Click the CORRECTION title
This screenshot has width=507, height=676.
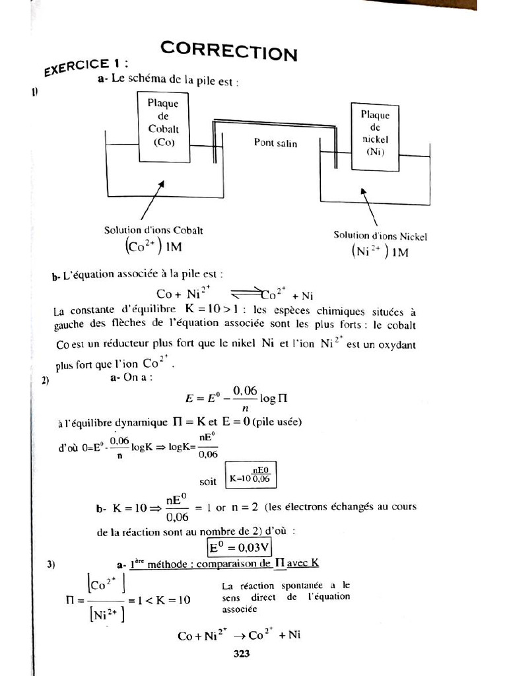tap(228, 50)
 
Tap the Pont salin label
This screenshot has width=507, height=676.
tap(275, 143)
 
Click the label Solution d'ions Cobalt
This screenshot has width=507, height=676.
tap(153, 230)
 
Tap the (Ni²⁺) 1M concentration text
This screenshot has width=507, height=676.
tap(380, 252)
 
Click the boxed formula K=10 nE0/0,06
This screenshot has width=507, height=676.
tap(252, 475)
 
